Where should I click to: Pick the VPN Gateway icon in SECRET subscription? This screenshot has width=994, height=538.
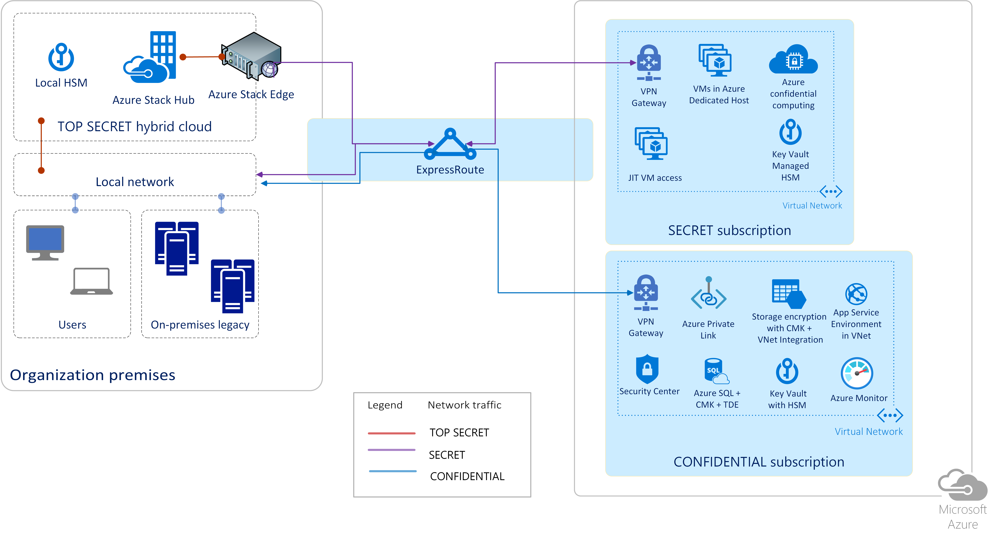point(649,63)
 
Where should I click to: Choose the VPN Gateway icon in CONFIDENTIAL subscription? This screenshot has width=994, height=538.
point(646,293)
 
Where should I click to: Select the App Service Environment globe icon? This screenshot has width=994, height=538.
point(856,294)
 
